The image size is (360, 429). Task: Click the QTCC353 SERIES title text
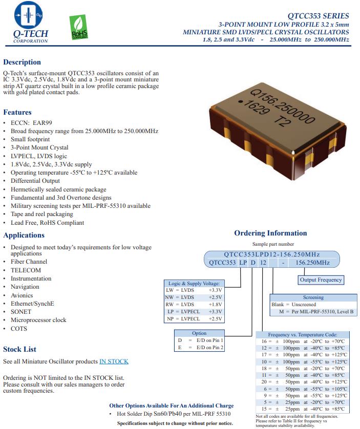(318, 16)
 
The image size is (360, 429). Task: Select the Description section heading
(22, 62)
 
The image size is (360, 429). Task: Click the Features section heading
(17, 112)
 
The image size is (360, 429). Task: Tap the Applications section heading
(24, 235)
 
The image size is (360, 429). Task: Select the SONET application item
(21, 312)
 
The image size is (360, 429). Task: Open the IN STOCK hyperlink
(114, 361)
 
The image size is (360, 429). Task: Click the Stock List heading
(20, 349)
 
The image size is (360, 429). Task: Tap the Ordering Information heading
(270, 233)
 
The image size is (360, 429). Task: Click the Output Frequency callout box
(321, 280)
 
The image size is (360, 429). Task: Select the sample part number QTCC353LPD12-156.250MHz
(271, 254)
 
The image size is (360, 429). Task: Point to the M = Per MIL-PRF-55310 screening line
(316, 311)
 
